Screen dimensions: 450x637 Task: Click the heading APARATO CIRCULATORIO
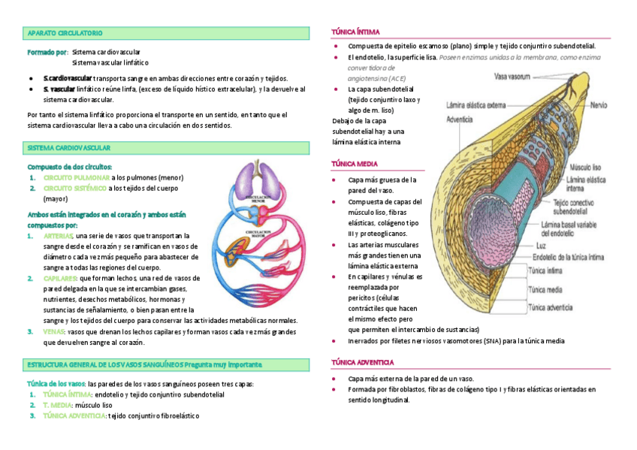65,34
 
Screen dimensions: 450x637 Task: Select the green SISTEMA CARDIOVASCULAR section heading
68,148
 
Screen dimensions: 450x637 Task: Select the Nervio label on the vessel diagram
598,106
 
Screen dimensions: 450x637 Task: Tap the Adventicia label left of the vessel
459,119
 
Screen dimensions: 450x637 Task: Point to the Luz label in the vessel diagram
542,246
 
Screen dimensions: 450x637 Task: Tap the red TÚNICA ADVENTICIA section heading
362,362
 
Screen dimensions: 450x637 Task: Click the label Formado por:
47,53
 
